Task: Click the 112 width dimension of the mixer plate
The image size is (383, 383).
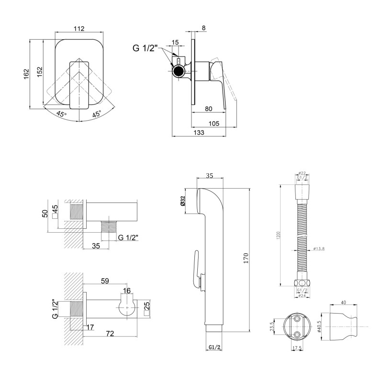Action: click(79, 28)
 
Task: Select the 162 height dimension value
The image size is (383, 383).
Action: click(26, 72)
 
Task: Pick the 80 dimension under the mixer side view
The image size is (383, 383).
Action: click(209, 109)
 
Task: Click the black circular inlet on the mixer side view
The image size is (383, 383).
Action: click(178, 72)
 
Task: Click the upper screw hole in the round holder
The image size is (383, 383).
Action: click(298, 318)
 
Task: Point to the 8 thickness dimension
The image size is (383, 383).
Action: click(204, 28)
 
